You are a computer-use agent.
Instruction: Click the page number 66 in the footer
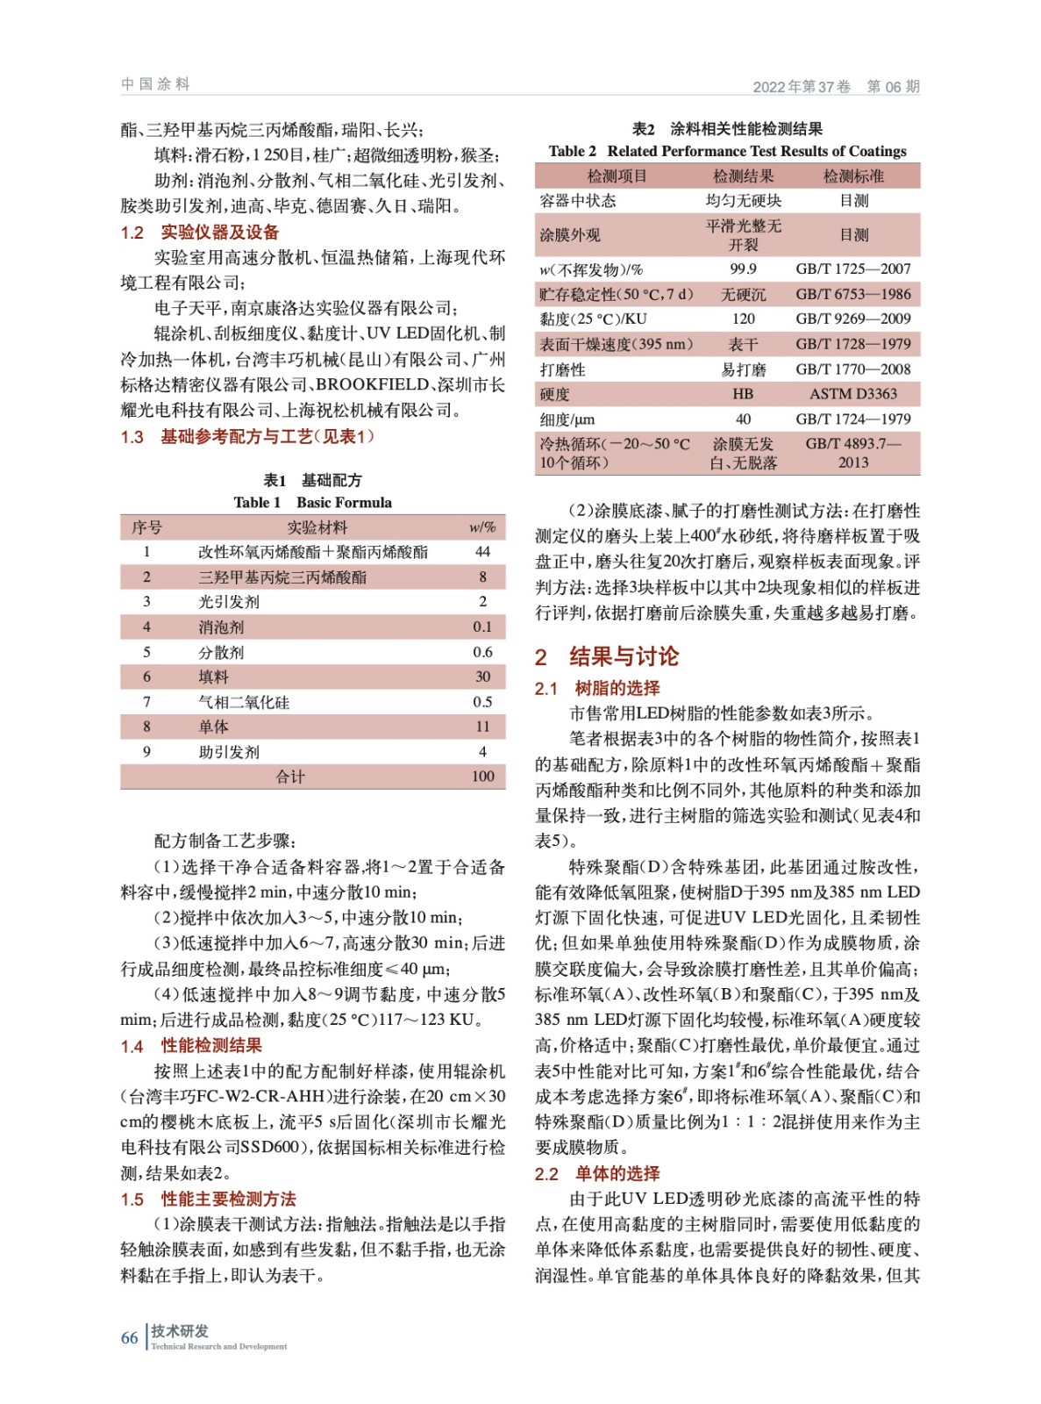[129, 1337]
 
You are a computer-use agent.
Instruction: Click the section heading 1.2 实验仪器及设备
[200, 233]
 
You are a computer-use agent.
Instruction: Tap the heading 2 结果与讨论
[607, 656]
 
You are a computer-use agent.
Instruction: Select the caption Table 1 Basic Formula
[312, 503]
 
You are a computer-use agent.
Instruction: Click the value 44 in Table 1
[482, 552]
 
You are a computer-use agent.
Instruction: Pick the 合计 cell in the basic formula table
[290, 777]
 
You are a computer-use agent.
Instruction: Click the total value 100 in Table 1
[482, 777]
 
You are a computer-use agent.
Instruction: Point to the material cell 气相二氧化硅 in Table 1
[244, 702]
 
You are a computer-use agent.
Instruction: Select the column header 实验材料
[317, 527]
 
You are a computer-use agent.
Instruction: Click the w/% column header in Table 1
[482, 527]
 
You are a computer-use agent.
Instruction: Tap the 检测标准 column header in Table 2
[853, 176]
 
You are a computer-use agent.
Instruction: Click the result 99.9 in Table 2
[743, 269]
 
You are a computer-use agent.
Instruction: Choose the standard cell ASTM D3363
[853, 394]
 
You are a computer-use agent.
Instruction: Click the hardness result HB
[743, 394]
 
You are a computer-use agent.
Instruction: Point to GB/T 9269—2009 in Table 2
[853, 319]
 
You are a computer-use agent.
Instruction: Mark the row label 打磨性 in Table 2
[563, 369]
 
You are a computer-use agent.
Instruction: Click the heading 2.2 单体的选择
[597, 1174]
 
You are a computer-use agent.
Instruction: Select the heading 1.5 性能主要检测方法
[209, 1200]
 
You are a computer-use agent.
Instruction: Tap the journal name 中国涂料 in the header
[155, 84]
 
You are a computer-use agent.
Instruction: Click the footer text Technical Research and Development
[219, 1347]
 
